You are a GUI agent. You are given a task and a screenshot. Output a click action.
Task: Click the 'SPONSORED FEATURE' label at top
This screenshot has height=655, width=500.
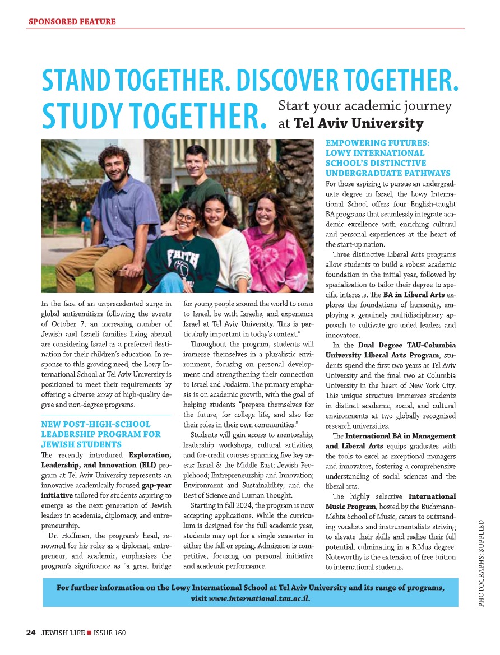72,22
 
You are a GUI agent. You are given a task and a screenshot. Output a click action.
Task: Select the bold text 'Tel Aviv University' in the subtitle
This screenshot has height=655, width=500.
359,123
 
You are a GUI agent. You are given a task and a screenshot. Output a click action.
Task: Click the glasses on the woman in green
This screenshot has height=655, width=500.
186,217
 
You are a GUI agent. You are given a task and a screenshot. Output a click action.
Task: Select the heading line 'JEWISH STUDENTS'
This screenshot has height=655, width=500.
81,444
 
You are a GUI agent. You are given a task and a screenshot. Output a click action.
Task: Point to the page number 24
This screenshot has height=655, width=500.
31,633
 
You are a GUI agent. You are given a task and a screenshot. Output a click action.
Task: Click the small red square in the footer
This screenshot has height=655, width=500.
89,633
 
